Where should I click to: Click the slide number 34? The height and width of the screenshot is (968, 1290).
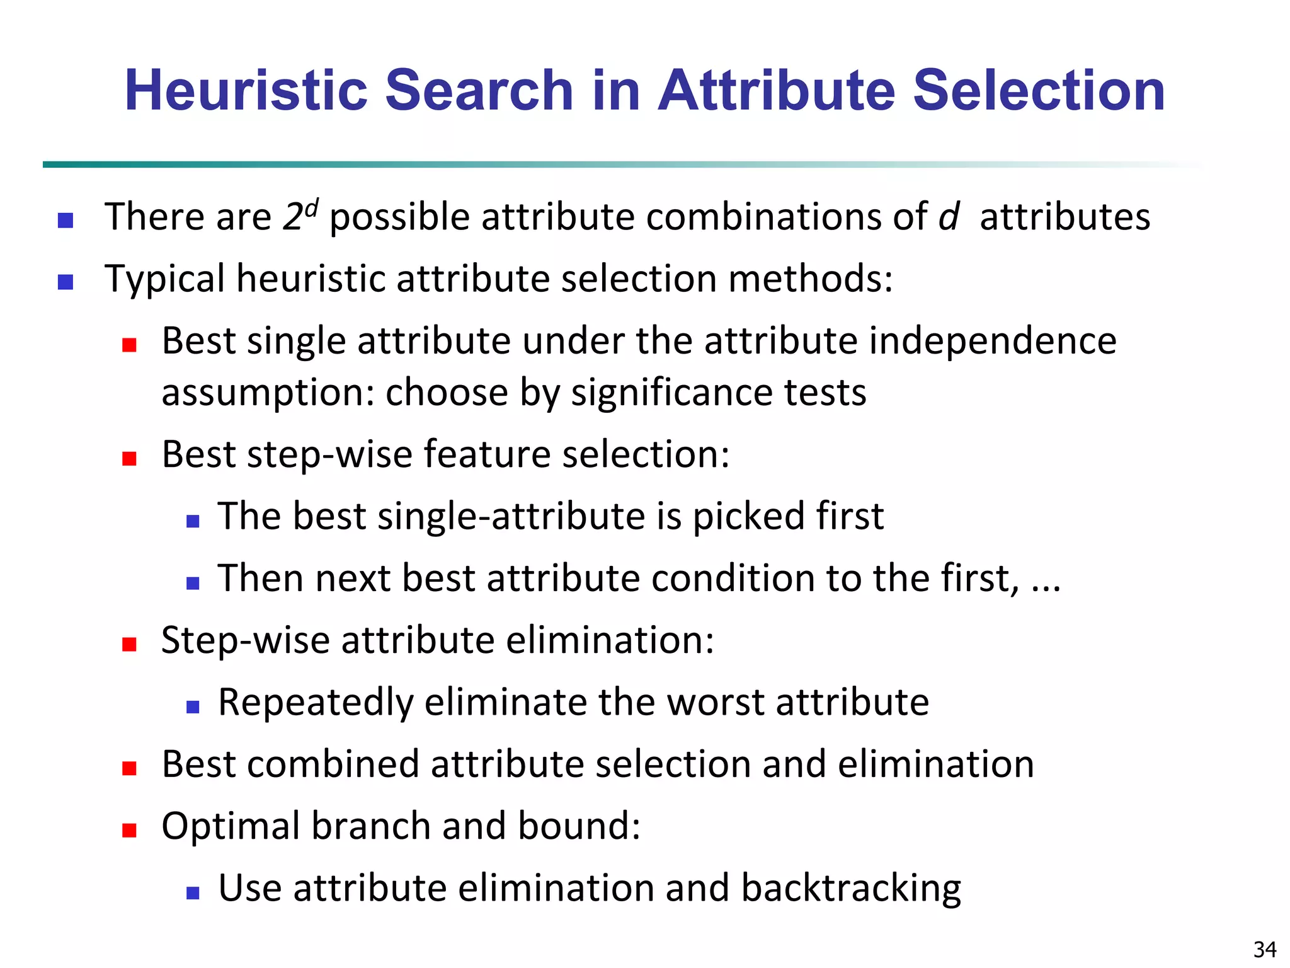tap(1265, 949)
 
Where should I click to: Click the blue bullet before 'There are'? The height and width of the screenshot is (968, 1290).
tap(66, 220)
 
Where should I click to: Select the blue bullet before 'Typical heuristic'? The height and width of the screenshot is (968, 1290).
tap(66, 282)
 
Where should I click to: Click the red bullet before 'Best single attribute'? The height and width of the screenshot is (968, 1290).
tap(130, 345)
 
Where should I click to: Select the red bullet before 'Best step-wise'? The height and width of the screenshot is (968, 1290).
tap(130, 458)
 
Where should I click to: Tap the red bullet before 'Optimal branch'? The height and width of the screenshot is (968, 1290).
tap(130, 830)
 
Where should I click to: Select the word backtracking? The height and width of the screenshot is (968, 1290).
tap(850, 889)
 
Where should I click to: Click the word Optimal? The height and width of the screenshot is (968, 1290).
tap(230, 826)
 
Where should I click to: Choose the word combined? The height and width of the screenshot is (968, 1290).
tap(333, 764)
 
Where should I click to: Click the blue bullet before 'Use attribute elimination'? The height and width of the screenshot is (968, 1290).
tap(193, 892)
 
